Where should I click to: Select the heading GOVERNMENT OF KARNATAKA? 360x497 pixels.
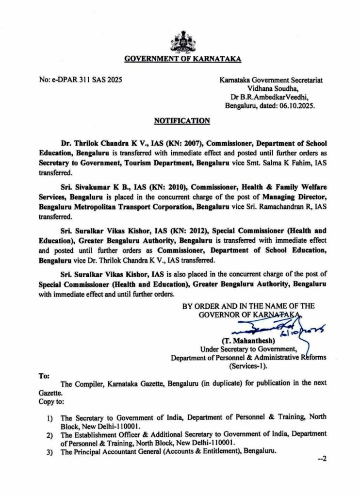click(x=183, y=60)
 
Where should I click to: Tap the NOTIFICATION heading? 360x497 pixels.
click(x=182, y=121)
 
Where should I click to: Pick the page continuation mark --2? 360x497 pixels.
click(x=322, y=459)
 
